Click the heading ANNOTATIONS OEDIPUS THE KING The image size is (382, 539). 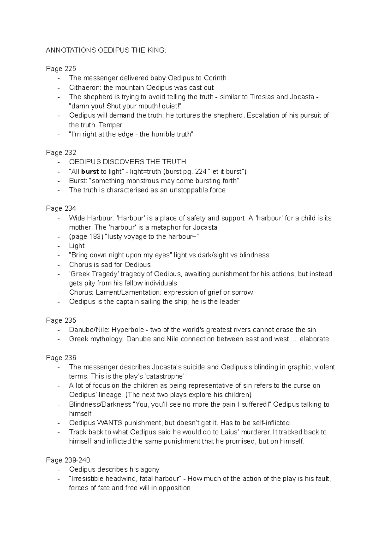coord(106,50)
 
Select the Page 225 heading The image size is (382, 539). coord(61,69)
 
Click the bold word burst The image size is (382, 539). coord(90,171)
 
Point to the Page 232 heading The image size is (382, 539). coord(61,153)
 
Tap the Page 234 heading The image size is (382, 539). coord(61,208)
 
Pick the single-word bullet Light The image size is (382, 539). coord(77,246)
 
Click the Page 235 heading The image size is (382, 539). coord(61,320)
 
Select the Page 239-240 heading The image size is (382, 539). coord(68,460)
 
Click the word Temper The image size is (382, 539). coord(110,125)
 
